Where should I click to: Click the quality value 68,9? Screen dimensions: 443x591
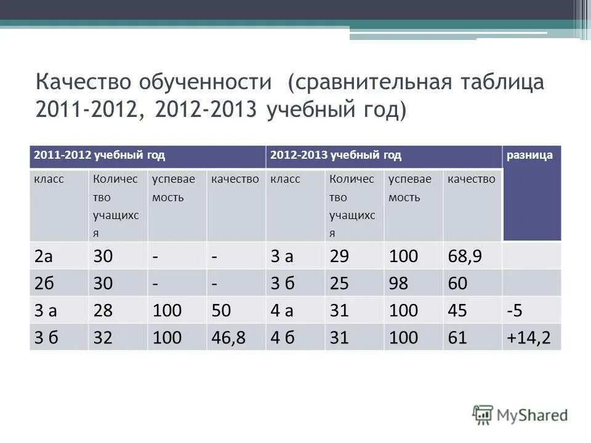[x=465, y=257]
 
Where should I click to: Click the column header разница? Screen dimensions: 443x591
[x=529, y=156]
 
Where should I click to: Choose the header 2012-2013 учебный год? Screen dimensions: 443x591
[x=336, y=156]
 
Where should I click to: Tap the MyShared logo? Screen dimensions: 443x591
[x=520, y=415]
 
